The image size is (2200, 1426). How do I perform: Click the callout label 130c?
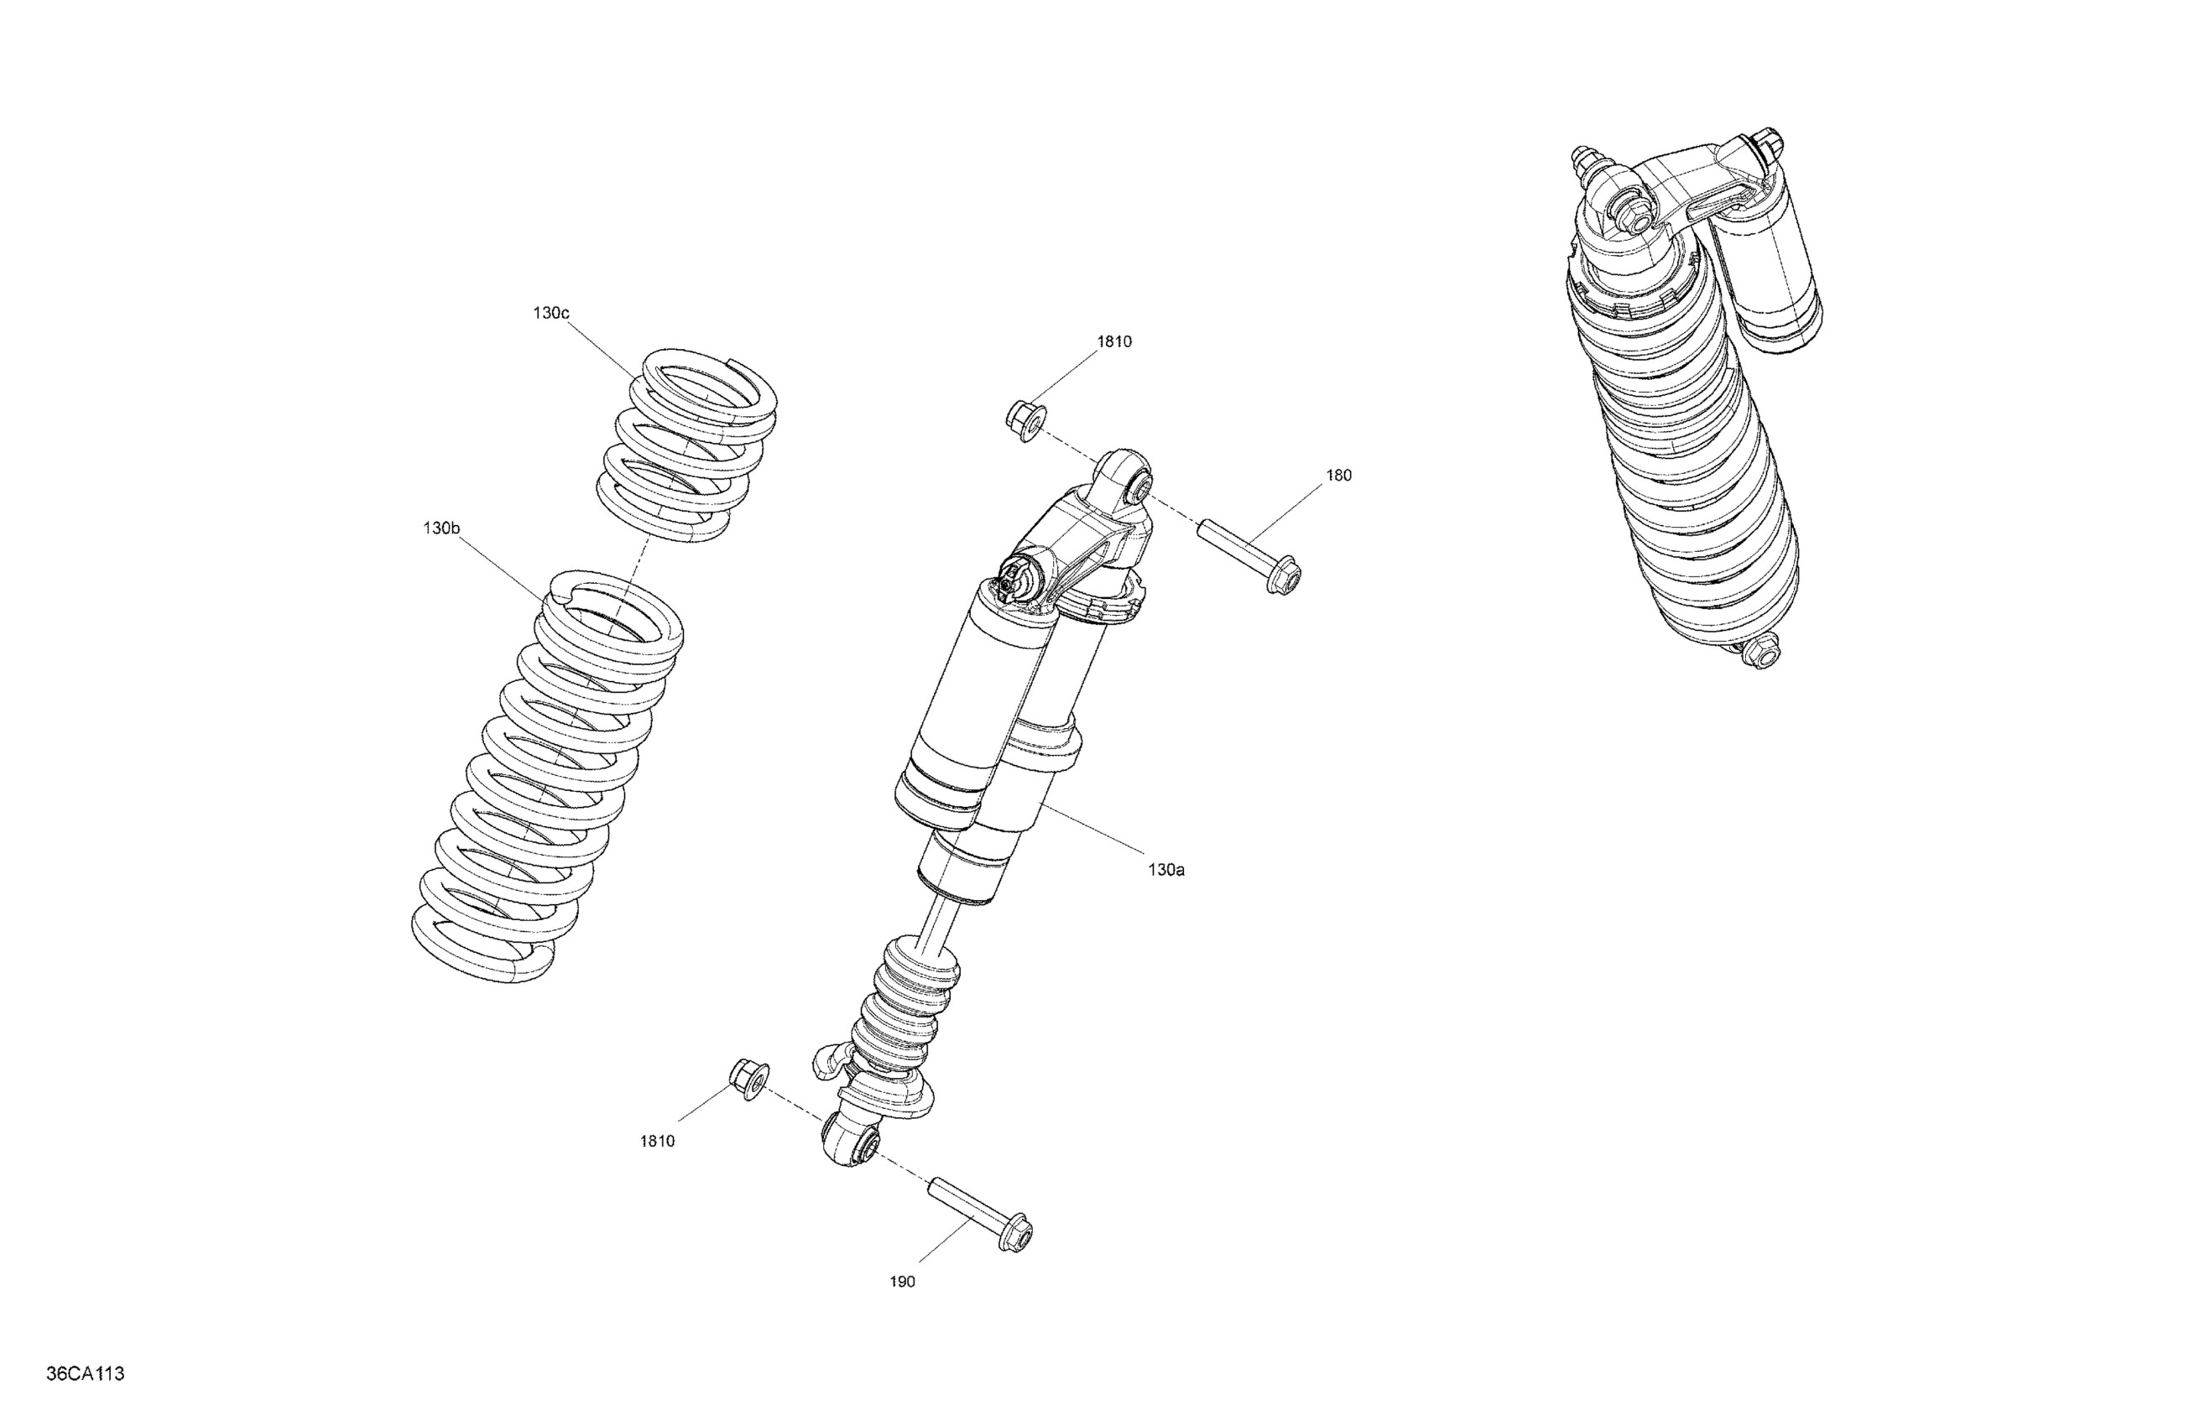[x=550, y=313]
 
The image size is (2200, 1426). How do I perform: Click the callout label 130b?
[x=441, y=528]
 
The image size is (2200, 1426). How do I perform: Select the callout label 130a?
[x=1165, y=870]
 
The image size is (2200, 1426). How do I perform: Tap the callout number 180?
[x=1337, y=476]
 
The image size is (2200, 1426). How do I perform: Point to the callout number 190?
[x=902, y=1282]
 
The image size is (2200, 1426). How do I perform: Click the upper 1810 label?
[x=1114, y=342]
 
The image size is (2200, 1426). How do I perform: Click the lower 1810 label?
[x=657, y=1142]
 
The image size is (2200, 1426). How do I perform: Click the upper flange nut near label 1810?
[x=1024, y=419]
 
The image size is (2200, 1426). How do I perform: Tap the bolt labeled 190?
[x=982, y=1211]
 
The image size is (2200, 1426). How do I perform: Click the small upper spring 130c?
[x=689, y=444]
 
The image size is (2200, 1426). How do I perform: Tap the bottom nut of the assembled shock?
[x=1762, y=652]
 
